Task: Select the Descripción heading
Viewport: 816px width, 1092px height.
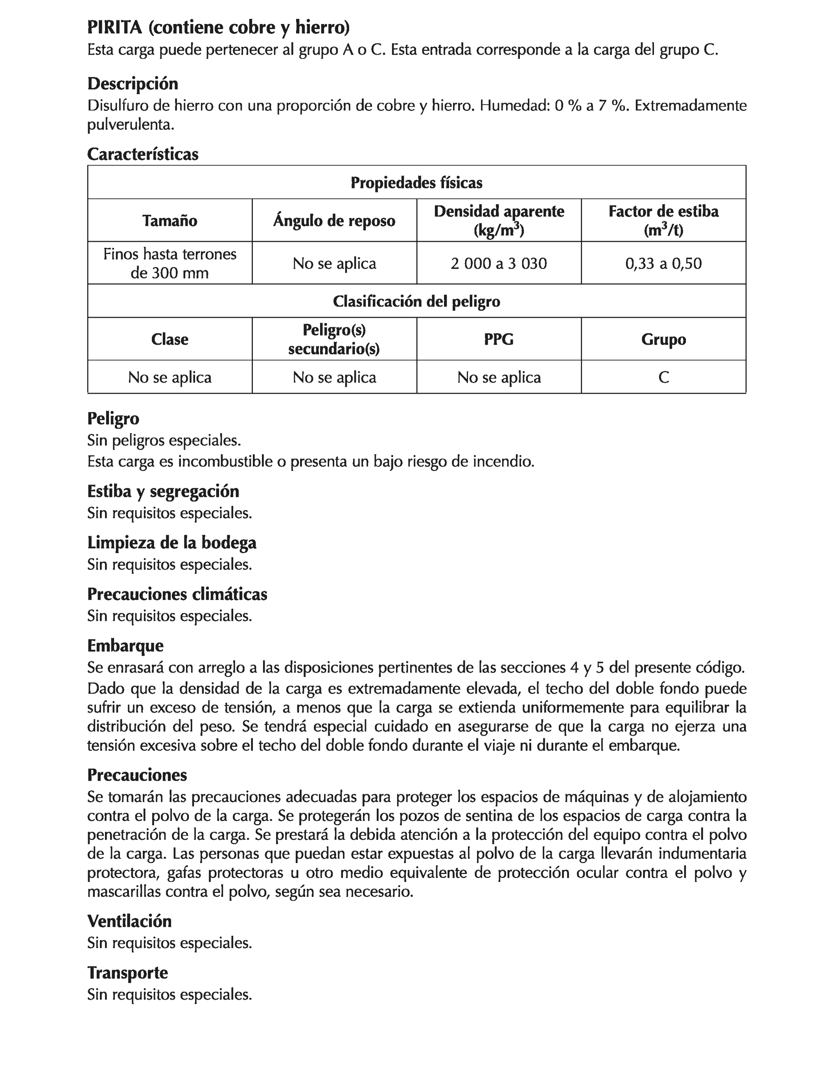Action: tap(132, 83)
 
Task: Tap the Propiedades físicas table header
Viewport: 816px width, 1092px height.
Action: tap(416, 183)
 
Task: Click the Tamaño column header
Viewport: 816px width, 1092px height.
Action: tap(169, 220)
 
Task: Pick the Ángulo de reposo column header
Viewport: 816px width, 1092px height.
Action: tap(334, 220)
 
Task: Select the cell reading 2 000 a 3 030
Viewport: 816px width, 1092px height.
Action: tap(499, 263)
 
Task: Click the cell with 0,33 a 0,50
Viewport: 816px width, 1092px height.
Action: tap(663, 263)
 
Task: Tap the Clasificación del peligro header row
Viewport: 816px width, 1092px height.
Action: tap(416, 301)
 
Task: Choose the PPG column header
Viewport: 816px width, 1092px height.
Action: tap(499, 339)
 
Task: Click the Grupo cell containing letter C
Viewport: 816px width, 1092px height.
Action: tap(663, 377)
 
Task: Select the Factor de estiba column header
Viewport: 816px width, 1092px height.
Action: tap(663, 220)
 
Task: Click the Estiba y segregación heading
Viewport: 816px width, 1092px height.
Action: tap(163, 491)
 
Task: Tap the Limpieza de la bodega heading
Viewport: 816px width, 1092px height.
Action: tap(171, 542)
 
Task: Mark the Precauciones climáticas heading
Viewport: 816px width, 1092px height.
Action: tap(177, 594)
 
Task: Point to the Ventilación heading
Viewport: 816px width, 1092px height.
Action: tap(129, 921)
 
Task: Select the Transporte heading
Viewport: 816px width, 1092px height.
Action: tap(127, 972)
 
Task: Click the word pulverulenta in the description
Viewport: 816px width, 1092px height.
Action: tap(130, 124)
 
